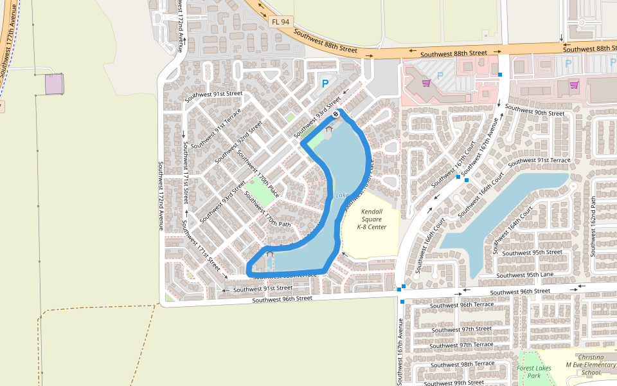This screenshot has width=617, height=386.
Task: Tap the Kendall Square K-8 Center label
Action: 372,219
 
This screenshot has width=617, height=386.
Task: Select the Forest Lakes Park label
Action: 534,372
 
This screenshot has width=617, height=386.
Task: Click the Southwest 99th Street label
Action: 460,383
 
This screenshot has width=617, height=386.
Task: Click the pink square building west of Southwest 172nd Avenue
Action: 55,84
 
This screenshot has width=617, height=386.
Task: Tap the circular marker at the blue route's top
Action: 335,114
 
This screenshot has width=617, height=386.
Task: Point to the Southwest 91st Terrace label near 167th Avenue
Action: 539,161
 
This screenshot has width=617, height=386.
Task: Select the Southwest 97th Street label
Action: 461,329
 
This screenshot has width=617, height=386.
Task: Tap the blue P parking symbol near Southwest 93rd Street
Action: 325,83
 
